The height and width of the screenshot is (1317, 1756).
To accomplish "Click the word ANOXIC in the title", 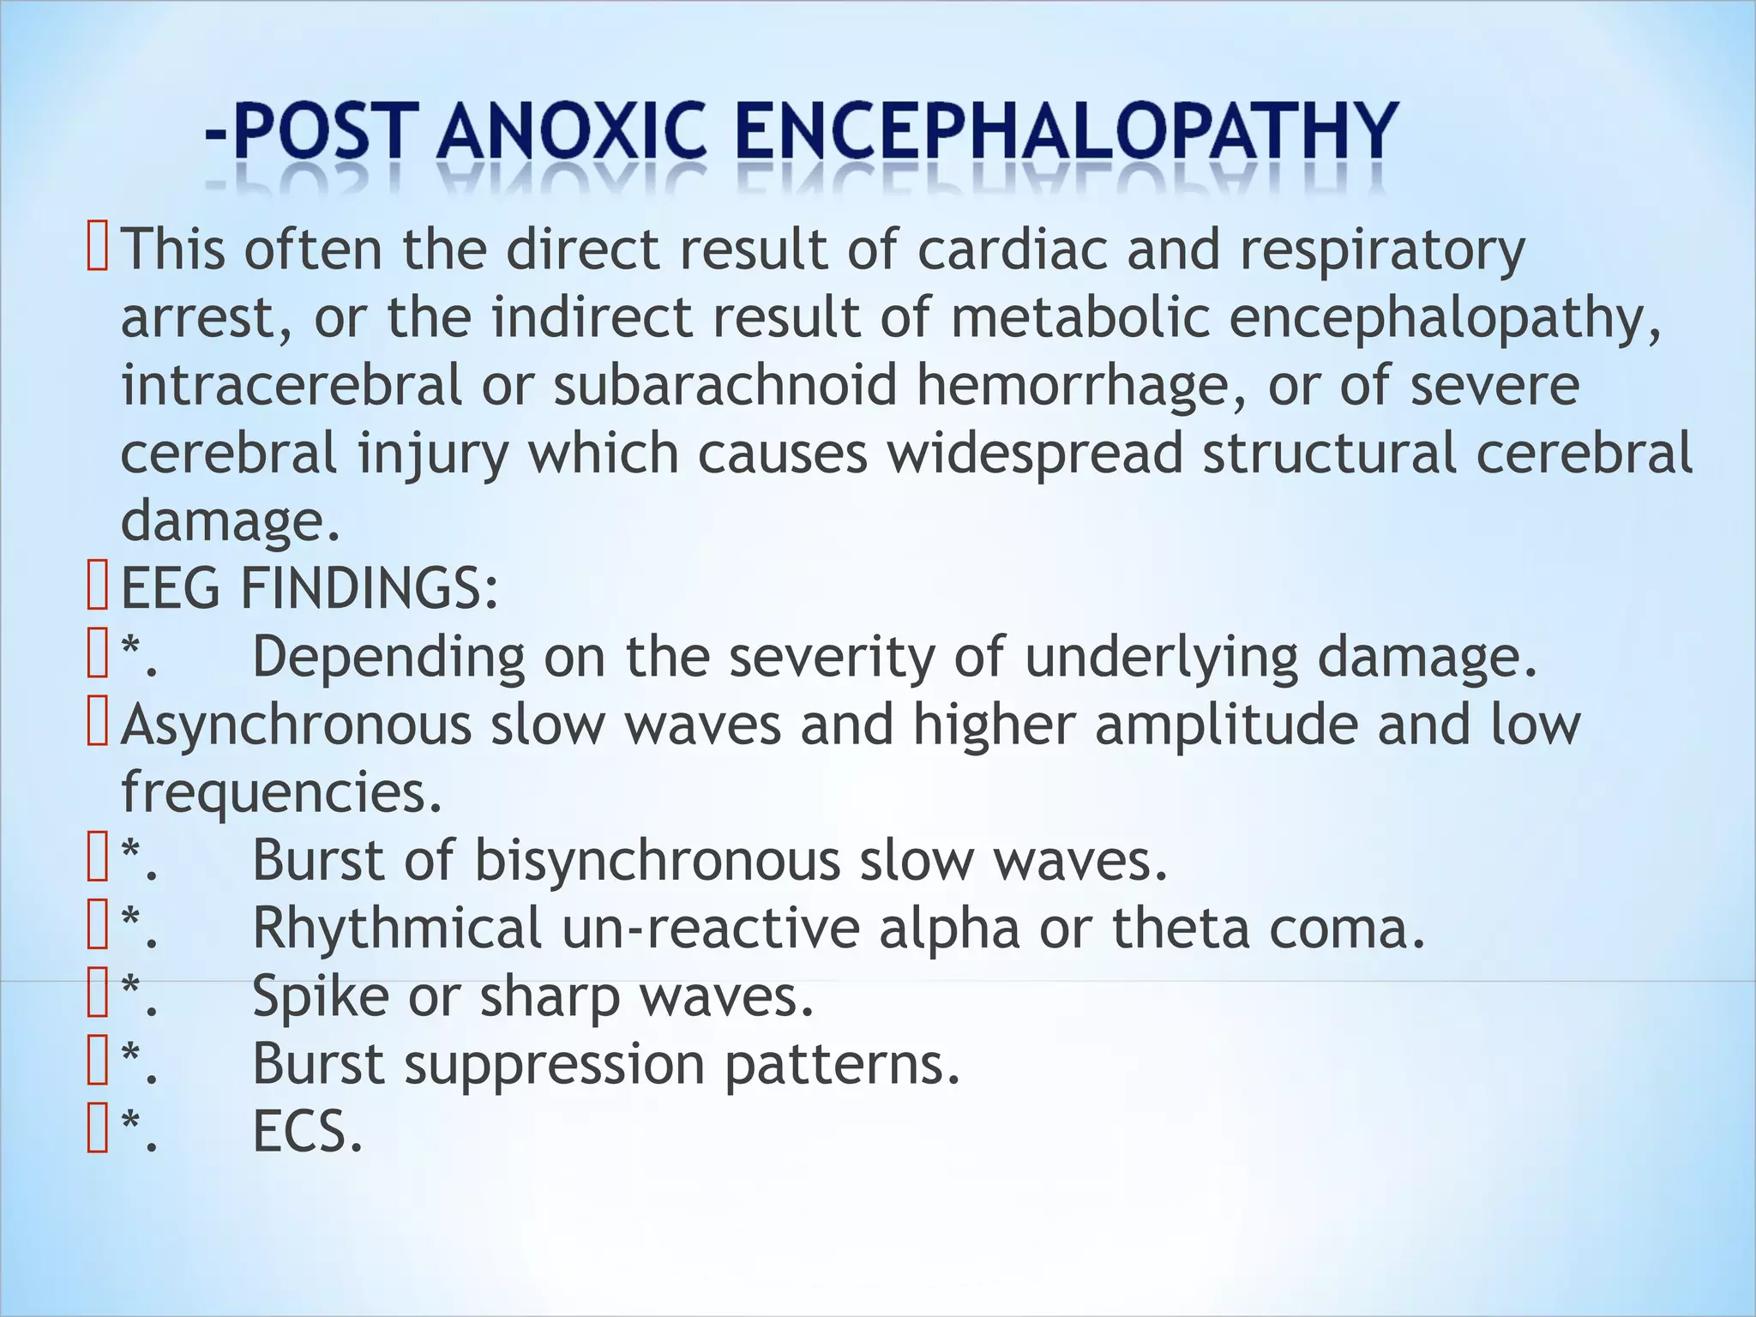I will pyautogui.click(x=575, y=131).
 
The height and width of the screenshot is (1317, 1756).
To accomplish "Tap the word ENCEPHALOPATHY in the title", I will pyautogui.click(x=1067, y=131).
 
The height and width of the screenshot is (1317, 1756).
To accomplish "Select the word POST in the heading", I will pyautogui.click(x=319, y=131).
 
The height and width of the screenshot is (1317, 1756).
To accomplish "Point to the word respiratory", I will pyautogui.click(x=1382, y=251).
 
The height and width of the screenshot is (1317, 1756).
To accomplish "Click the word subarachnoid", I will pyautogui.click(x=725, y=385).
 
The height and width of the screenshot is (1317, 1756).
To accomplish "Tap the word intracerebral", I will pyautogui.click(x=292, y=385).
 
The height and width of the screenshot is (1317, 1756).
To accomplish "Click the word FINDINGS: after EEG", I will pyautogui.click(x=369, y=589).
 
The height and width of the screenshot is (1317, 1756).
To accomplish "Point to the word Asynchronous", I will pyautogui.click(x=297, y=725).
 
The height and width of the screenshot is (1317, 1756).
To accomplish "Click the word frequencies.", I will pyautogui.click(x=281, y=793).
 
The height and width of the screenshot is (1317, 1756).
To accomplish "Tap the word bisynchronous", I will pyautogui.click(x=657, y=861).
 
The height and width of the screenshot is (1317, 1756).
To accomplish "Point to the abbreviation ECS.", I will pyautogui.click(x=307, y=1132).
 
